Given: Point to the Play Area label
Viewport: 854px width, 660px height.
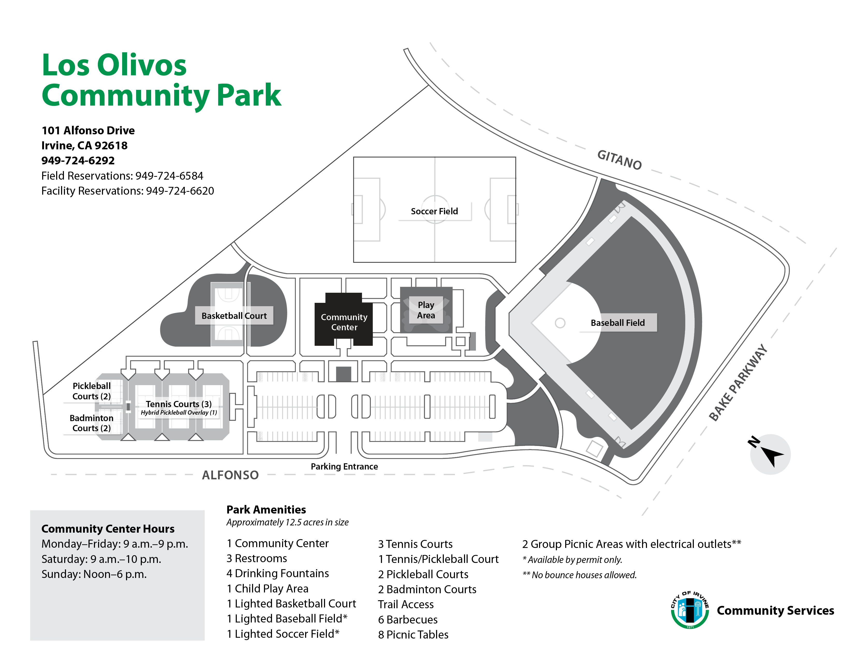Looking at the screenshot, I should click(x=426, y=310).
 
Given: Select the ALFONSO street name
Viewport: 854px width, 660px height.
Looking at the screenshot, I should click(x=230, y=475).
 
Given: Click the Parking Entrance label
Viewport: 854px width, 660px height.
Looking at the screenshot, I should click(x=344, y=466).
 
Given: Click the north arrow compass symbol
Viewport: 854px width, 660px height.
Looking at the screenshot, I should click(x=770, y=454).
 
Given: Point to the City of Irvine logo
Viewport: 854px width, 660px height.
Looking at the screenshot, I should click(x=690, y=610).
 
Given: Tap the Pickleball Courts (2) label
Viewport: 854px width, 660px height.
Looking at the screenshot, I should click(x=92, y=391).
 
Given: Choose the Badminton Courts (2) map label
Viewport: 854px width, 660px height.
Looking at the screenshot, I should click(x=92, y=423).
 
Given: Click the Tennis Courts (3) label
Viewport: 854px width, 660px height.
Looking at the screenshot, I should click(x=179, y=404).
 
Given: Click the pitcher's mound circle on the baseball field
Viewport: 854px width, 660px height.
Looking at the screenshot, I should click(x=560, y=323).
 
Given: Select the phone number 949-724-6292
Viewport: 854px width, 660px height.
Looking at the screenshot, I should click(x=78, y=161).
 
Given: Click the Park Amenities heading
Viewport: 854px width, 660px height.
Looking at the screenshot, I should click(x=266, y=510).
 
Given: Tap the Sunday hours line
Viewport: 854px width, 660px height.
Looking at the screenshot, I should click(x=94, y=574).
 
